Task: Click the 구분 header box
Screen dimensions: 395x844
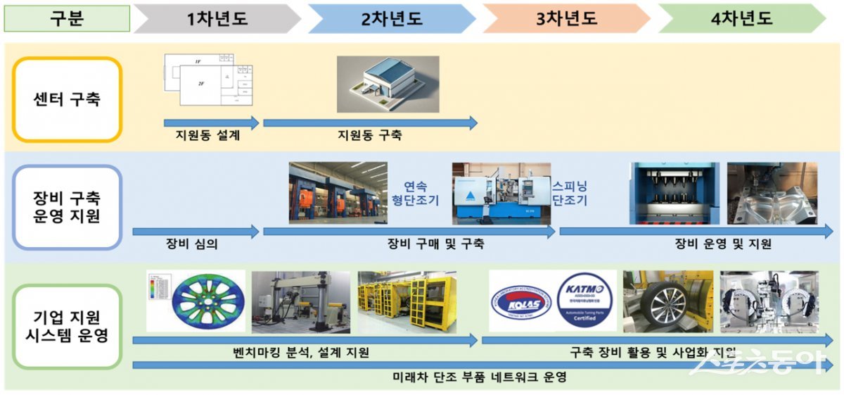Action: (x=67, y=18)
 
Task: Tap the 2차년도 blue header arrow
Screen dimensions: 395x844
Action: (x=391, y=18)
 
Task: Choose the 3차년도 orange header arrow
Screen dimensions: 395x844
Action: (x=566, y=18)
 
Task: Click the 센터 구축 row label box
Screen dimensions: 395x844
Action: (x=68, y=99)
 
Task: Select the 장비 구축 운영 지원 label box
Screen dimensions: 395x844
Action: (x=68, y=207)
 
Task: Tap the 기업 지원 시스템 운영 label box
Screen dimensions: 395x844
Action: (x=68, y=326)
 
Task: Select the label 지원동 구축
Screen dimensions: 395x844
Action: (x=370, y=136)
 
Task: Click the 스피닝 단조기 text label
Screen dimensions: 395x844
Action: (x=569, y=192)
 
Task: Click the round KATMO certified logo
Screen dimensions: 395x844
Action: (x=585, y=301)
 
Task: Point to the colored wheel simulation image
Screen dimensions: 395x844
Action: (x=196, y=301)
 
